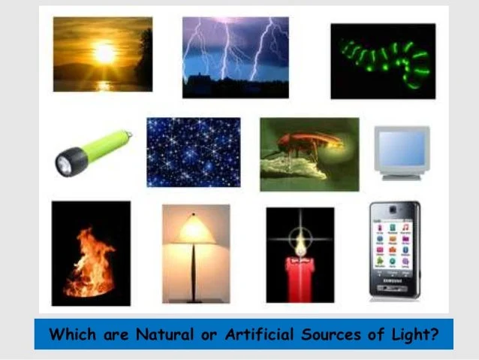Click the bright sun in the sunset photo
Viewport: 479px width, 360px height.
pyautogui.click(x=105, y=53)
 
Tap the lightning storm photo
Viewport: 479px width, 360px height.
pyautogui.click(x=235, y=57)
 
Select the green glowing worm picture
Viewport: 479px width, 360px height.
pyautogui.click(x=383, y=61)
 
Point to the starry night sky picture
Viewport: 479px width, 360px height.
pyautogui.click(x=193, y=152)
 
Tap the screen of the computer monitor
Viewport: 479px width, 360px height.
pyautogui.click(x=401, y=148)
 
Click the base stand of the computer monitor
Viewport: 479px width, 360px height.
pyautogui.click(x=402, y=176)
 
